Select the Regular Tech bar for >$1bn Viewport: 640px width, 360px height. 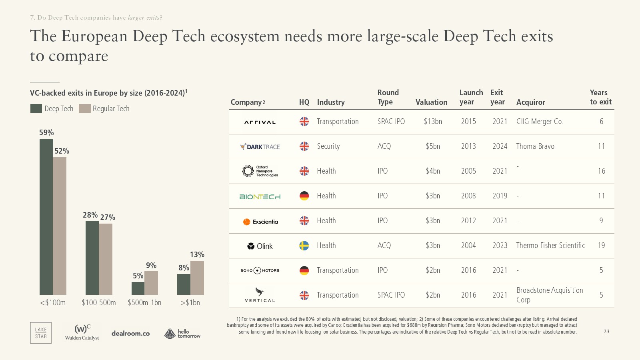click(197, 278)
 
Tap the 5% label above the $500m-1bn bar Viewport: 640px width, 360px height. click(138, 276)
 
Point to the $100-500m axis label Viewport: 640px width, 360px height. click(99, 303)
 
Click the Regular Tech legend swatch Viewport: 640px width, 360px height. click(85, 108)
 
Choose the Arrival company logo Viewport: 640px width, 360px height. click(260, 122)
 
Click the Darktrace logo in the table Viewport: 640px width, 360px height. click(260, 147)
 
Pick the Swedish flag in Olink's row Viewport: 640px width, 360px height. click(304, 246)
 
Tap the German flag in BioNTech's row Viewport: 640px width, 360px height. click(304, 196)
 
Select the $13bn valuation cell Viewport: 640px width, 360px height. click(433, 122)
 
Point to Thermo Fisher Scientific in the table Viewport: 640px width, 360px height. click(550, 246)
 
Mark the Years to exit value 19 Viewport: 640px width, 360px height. click(601, 246)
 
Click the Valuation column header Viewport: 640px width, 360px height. click(431, 102)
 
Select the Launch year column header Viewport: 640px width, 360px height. click(471, 97)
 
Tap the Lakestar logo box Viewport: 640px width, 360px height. click(41, 333)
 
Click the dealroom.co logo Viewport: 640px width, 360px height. click(130, 333)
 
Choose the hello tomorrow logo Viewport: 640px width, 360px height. click(182, 333)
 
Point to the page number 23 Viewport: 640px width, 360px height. click(606, 332)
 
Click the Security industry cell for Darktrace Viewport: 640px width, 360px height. click(328, 146)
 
